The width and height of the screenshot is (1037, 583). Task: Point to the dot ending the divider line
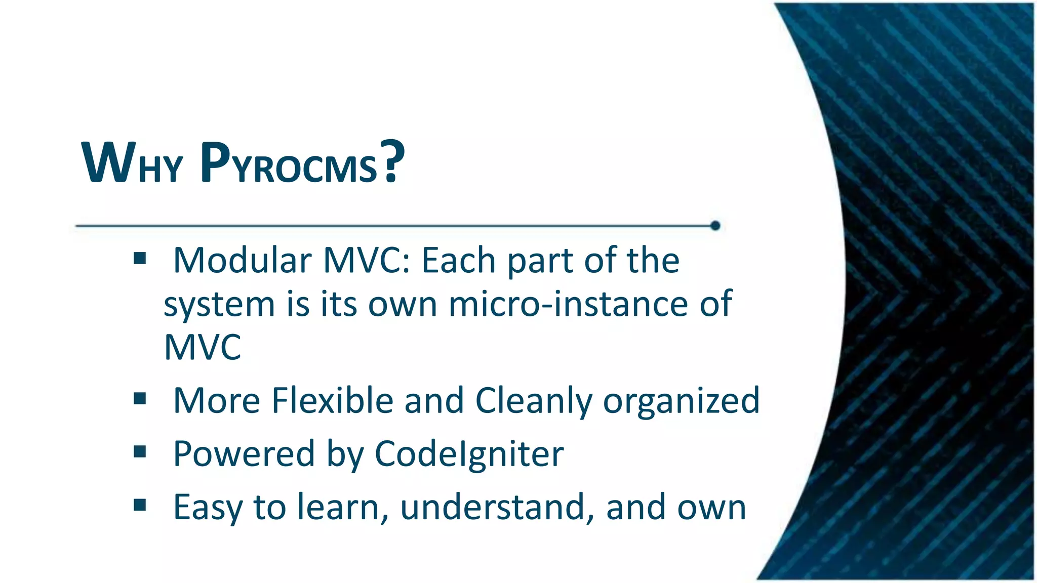[x=715, y=226]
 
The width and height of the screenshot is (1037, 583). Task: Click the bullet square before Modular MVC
[x=140, y=259]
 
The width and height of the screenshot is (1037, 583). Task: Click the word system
[x=219, y=305]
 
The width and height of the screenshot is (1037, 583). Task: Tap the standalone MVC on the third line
[x=203, y=348]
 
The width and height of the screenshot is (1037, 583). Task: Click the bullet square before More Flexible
[x=140, y=399]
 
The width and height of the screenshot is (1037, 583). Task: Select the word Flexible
[x=332, y=400]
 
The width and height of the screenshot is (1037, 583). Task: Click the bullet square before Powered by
[x=140, y=451]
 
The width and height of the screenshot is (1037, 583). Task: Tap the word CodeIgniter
[x=469, y=454]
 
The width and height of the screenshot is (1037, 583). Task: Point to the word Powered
[x=244, y=454]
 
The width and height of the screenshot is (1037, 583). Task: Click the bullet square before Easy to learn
[x=140, y=505]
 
